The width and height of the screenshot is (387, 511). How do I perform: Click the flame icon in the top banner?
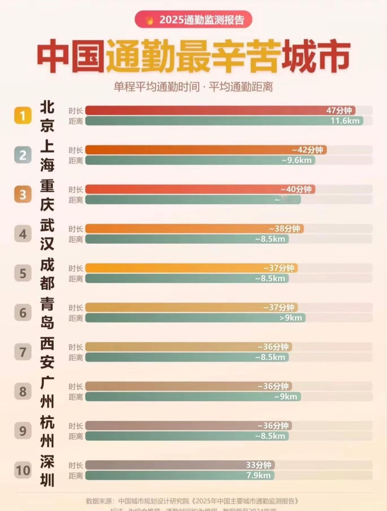point(150,20)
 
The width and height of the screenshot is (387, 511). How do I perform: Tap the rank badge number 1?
point(23,115)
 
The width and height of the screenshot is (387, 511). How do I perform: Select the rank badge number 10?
point(23,470)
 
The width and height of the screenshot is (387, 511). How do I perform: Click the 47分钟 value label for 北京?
point(339,111)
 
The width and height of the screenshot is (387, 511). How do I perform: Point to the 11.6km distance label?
point(345,121)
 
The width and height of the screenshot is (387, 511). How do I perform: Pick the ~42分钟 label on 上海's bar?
point(307,150)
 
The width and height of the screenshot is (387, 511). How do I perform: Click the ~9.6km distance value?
point(297,160)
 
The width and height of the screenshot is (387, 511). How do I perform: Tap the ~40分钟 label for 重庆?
point(296,189)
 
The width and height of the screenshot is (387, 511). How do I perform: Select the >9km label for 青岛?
point(291,318)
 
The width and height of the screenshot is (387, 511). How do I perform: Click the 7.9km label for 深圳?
point(259,475)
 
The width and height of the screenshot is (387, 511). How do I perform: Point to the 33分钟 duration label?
point(259,465)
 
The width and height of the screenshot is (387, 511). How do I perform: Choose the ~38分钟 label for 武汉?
point(285,229)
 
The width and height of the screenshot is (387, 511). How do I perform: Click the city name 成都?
point(47,274)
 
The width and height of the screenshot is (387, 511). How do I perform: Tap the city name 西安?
point(47,353)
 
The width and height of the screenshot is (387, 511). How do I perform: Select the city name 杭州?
point(47,432)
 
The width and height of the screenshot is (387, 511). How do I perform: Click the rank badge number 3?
point(23,194)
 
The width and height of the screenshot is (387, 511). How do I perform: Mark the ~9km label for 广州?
point(286,396)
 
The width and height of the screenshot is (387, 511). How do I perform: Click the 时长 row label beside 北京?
point(76,111)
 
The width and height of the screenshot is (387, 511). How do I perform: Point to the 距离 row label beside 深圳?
point(76,476)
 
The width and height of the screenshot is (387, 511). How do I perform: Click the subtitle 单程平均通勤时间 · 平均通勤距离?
point(193,87)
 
